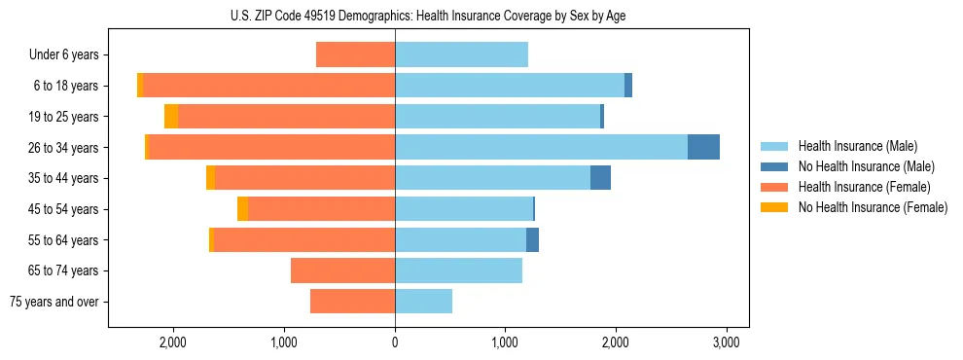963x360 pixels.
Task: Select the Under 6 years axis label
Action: [x=64, y=55]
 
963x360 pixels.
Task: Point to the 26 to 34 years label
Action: [x=65, y=148]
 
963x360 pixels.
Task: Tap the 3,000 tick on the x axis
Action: [x=726, y=342]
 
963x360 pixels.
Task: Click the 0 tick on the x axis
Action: [x=395, y=342]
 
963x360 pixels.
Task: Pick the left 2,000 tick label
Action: [x=173, y=342]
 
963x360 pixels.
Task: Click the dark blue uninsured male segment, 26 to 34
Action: [x=703, y=147]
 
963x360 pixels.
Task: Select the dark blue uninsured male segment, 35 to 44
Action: [x=600, y=178]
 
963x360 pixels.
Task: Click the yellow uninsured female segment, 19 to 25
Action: [x=171, y=117]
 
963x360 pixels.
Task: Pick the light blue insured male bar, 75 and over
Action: [x=423, y=302]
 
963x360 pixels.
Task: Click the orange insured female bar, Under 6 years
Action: [x=355, y=55]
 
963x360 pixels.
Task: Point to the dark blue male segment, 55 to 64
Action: [x=532, y=240]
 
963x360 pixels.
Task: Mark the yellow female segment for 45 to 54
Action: [x=242, y=209]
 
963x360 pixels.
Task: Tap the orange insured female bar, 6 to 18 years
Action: [x=269, y=86]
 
